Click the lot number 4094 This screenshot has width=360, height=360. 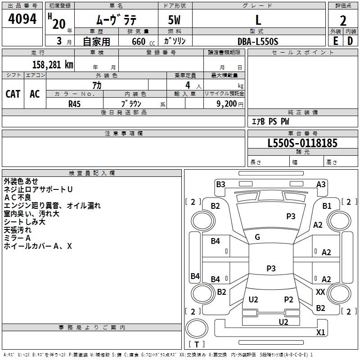[x=22, y=19]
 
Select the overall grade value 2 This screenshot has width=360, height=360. [x=343, y=21]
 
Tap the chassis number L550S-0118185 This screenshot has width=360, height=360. [x=302, y=143]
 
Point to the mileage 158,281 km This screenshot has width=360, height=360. [x=53, y=65]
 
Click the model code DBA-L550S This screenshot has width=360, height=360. [x=258, y=41]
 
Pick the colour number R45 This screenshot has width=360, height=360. [x=75, y=103]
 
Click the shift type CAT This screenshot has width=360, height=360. [x=13, y=94]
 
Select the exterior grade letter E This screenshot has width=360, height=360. [x=335, y=41]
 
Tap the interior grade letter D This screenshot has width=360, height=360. [x=350, y=41]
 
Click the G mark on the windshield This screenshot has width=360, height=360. [x=257, y=237]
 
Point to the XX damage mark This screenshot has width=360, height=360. [x=320, y=292]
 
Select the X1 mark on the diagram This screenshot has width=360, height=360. [x=320, y=333]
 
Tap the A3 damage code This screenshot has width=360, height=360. [x=321, y=184]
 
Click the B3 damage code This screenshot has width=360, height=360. [x=220, y=184]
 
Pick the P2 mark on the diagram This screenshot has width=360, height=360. [x=288, y=300]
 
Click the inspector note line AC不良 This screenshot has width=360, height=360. [x=18, y=197]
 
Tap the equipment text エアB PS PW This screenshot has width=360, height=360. [x=270, y=121]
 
